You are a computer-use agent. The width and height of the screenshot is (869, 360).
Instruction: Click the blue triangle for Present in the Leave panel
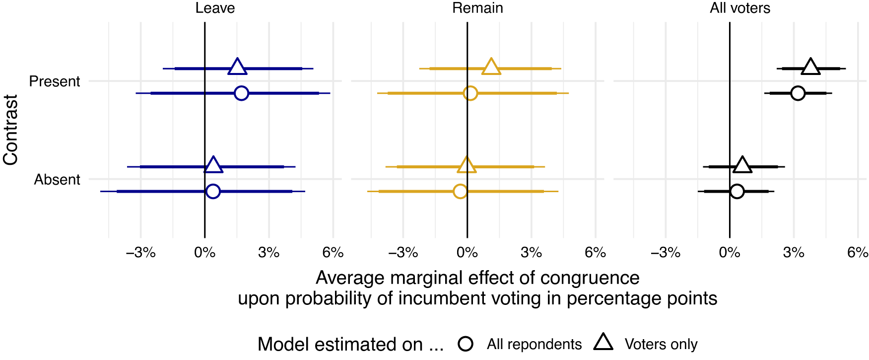237,67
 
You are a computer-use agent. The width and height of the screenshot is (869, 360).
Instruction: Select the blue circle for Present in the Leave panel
241,93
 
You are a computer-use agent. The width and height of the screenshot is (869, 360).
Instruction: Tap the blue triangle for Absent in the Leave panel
213,165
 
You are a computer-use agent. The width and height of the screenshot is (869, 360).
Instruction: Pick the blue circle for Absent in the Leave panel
213,191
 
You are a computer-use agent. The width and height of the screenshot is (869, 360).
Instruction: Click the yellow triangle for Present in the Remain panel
491,67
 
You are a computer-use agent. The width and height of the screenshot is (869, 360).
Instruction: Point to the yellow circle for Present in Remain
470,93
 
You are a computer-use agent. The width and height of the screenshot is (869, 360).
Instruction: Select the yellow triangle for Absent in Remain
467,165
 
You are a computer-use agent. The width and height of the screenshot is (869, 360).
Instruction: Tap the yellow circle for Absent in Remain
461,191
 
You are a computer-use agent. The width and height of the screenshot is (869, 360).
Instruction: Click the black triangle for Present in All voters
810,67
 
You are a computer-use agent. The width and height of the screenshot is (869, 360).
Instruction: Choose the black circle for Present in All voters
798,93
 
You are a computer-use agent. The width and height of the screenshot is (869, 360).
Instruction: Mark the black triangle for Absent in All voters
742,165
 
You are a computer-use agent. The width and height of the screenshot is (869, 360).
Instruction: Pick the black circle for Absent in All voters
737,191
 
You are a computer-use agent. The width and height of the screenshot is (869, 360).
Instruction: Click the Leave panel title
215,8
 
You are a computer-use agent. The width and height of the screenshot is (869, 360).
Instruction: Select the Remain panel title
477,8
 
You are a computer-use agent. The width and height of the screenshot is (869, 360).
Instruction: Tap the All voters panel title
740,8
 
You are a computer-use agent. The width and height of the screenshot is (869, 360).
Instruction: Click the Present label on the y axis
55,81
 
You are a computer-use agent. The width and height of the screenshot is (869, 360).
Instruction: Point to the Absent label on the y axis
57,179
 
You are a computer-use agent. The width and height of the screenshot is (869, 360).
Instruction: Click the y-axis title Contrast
10,130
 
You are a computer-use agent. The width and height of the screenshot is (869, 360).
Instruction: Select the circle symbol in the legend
466,344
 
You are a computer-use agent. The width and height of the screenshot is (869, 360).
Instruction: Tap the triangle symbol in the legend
603,343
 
